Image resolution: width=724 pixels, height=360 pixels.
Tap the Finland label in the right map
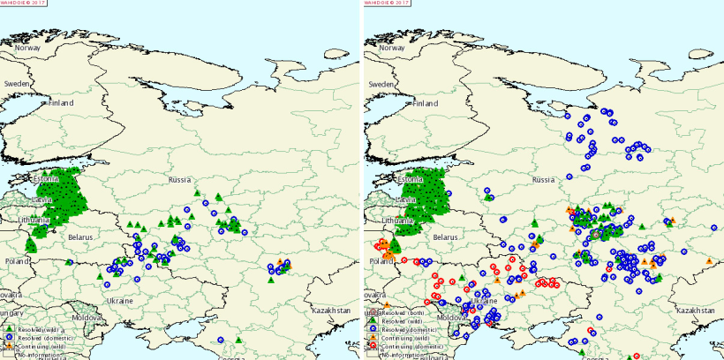pyautogui.click(x=426, y=102)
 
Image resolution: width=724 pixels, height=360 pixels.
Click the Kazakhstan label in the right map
pyautogui.click(x=694, y=311)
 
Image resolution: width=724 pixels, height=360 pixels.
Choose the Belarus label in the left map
pyautogui.click(x=81, y=236)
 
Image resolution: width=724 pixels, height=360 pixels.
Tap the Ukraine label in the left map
pyautogui.click(x=120, y=300)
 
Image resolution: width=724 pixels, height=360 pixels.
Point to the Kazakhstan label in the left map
pyautogui.click(x=331, y=311)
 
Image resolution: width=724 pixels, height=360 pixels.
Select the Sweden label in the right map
pyautogui.click(x=381, y=83)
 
